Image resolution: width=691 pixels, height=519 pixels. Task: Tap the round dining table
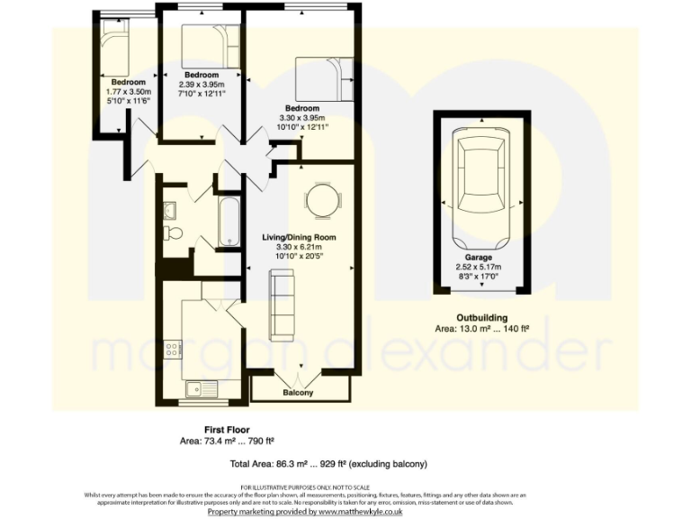pos(321,202)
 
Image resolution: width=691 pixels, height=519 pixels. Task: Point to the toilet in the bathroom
pos(174,233)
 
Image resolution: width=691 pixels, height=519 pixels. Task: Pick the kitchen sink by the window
pos(194,388)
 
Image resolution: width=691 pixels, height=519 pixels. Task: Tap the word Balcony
pos(298,394)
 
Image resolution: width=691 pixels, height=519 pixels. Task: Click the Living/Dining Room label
pos(298,237)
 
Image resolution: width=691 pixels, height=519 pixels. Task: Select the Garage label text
pos(480,256)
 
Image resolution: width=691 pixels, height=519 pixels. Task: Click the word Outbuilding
pos(482,317)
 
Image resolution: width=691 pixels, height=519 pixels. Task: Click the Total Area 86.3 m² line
pos(328,463)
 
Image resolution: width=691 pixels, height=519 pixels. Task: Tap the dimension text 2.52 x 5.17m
pos(480,267)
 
